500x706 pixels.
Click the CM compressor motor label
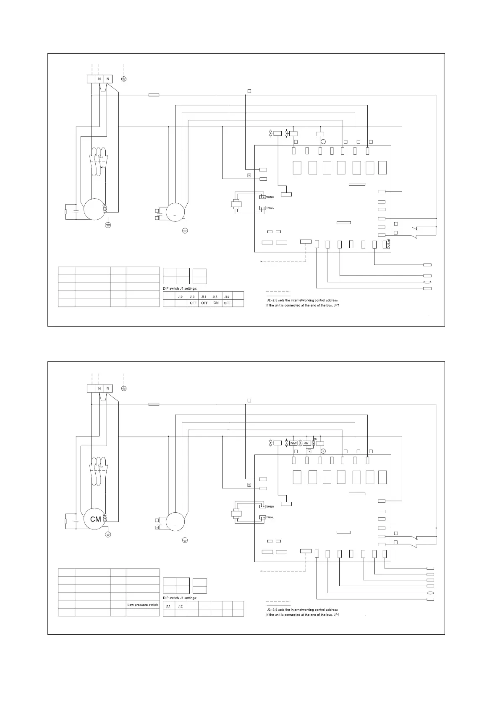(95, 519)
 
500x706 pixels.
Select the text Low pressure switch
(143, 605)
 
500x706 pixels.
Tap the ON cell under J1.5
(216, 303)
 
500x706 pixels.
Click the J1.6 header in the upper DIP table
(227, 296)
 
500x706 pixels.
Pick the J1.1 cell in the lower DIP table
(168, 606)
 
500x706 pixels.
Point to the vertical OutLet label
(389, 244)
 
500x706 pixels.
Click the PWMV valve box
(293, 443)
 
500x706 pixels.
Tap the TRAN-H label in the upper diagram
(270, 197)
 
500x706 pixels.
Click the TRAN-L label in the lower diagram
(270, 518)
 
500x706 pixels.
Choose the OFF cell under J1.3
(193, 303)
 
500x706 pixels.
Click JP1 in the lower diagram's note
(336, 615)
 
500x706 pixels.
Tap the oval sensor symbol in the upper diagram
(427, 283)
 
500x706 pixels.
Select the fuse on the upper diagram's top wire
(154, 95)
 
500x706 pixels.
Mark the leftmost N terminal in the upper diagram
(99, 79)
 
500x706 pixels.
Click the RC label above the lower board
(315, 439)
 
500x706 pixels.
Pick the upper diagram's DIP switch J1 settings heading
(180, 288)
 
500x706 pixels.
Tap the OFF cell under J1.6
(227, 303)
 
